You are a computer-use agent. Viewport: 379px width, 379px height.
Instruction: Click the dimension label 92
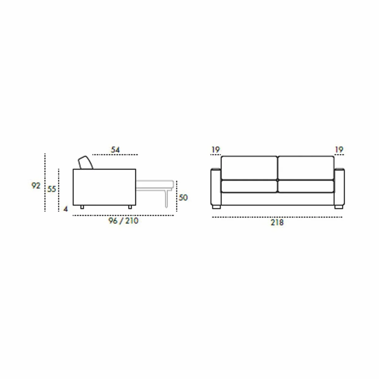(x=36, y=186)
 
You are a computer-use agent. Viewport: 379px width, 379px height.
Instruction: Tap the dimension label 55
(x=51, y=189)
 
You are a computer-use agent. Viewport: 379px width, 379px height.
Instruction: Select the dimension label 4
(x=66, y=209)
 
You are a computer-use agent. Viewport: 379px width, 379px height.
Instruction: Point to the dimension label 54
(x=115, y=150)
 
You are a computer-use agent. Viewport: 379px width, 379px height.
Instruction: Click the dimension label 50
(x=183, y=198)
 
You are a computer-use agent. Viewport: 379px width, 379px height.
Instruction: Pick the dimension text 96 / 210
(x=123, y=221)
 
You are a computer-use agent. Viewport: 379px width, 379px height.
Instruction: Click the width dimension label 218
(x=277, y=223)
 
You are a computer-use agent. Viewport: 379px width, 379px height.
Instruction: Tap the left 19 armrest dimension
(x=215, y=150)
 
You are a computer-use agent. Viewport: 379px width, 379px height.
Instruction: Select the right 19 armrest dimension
(x=339, y=150)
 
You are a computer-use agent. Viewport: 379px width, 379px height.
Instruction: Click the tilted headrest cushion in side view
(x=86, y=163)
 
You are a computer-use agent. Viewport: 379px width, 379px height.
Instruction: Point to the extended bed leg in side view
(x=165, y=199)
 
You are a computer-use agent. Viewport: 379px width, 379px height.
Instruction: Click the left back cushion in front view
(x=249, y=168)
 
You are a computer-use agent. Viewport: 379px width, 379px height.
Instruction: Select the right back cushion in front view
(x=306, y=168)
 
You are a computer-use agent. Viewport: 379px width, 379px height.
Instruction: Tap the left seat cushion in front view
(x=249, y=186)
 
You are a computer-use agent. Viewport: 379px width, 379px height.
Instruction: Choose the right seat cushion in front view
(x=306, y=186)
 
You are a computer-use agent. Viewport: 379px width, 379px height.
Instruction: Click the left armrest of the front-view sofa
(x=216, y=187)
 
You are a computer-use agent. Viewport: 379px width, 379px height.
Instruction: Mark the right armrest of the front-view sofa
(x=339, y=187)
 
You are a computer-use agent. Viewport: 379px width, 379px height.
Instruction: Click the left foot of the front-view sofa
(x=216, y=208)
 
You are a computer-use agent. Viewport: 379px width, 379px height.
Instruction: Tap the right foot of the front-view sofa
(x=338, y=208)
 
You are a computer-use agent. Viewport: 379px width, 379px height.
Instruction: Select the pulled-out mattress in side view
(x=155, y=186)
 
